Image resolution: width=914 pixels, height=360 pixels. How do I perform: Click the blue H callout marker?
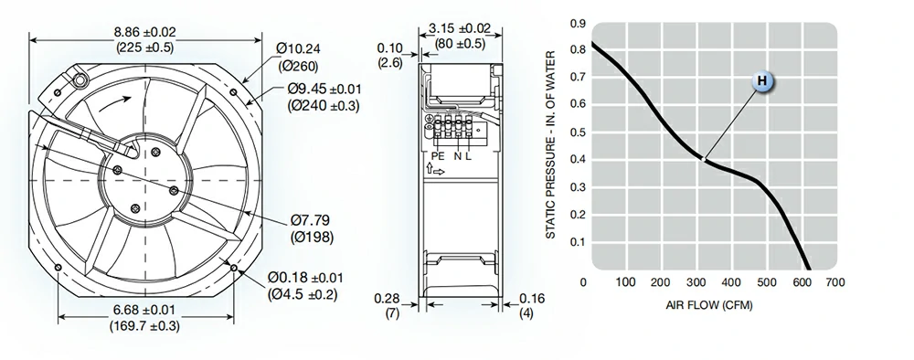762,81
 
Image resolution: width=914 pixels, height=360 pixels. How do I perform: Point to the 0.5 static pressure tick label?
579,132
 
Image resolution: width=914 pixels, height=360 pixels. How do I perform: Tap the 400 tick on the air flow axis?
731,282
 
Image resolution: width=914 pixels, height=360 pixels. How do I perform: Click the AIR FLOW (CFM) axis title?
709,305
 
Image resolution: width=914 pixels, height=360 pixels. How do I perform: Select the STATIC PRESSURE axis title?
551,145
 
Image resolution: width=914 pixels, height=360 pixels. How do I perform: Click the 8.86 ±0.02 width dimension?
145,33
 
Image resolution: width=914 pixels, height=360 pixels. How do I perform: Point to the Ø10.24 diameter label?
299,49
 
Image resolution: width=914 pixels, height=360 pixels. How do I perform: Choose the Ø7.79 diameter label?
310,220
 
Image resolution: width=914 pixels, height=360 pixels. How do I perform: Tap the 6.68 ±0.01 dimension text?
144,311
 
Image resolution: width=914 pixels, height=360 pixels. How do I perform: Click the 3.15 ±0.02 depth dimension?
460,28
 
